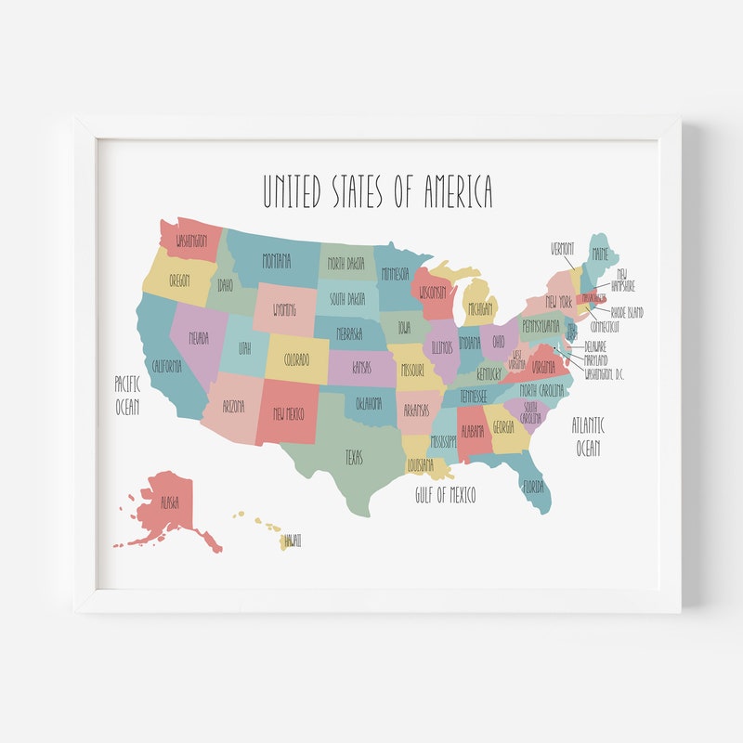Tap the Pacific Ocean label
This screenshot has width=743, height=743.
[x=127, y=394]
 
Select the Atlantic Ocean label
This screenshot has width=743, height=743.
[x=588, y=437]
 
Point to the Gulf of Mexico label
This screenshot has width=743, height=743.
[x=445, y=495]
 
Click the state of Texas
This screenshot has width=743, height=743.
[x=354, y=458]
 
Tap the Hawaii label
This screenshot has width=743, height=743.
[x=293, y=540]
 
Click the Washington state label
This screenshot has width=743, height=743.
[x=187, y=241]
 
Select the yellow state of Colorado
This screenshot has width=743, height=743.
[x=296, y=358]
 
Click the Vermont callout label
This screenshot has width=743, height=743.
[x=563, y=249]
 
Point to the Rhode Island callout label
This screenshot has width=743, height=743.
[x=627, y=313]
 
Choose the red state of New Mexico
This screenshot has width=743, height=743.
[x=288, y=413]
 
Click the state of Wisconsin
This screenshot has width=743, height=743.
[x=432, y=292]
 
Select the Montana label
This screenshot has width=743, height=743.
[x=276, y=259]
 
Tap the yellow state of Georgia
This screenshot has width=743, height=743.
[x=503, y=428]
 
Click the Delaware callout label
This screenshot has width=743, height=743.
[x=595, y=346]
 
